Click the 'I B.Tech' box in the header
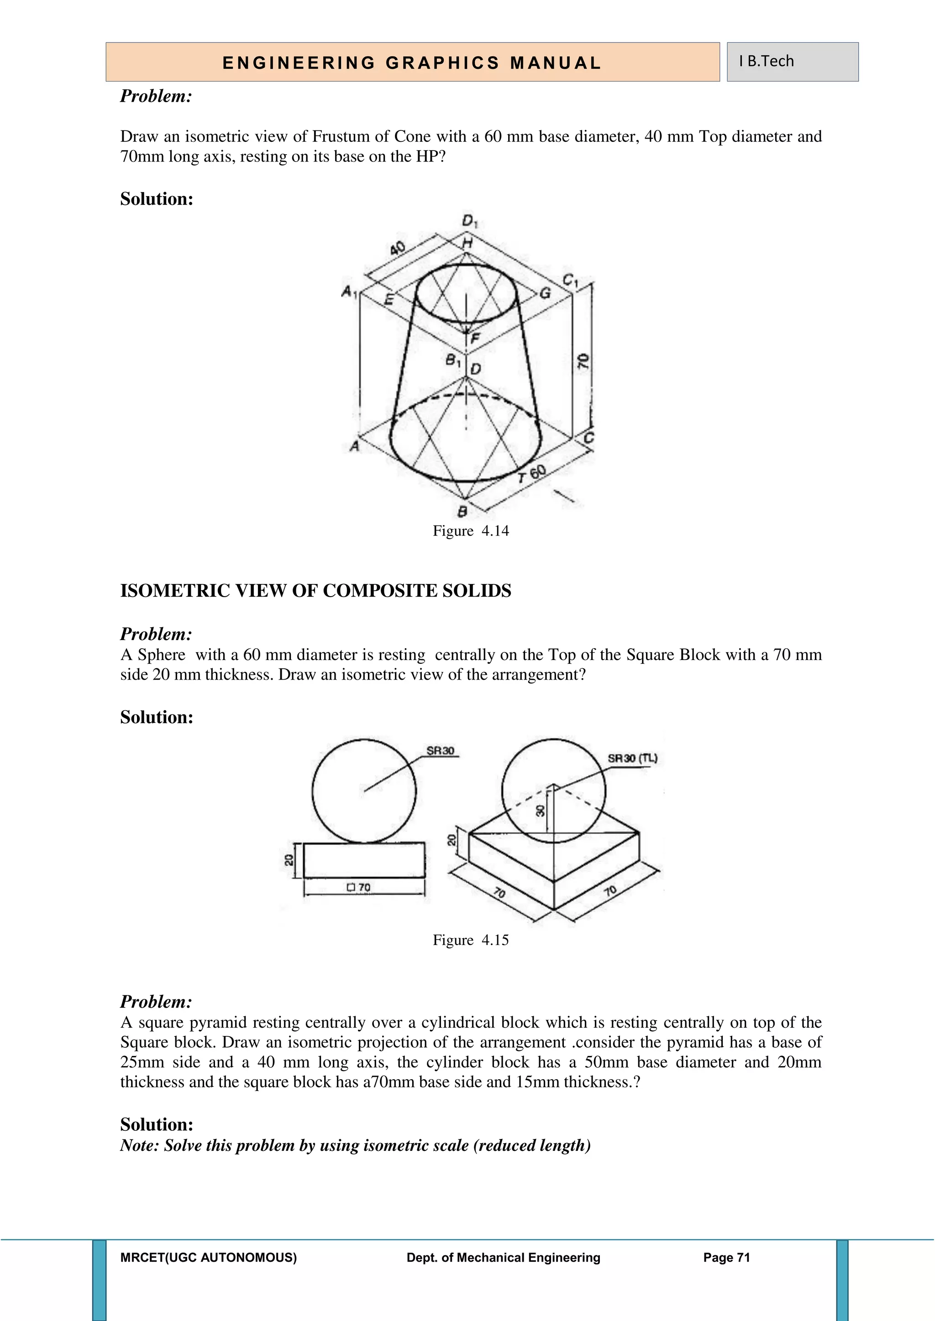[792, 62]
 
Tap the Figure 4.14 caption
[470, 530]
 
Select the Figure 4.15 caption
[470, 940]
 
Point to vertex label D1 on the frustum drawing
[469, 221]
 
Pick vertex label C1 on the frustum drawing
[571, 280]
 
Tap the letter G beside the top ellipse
[545, 293]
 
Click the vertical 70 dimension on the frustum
[583, 361]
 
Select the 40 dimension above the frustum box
[397, 249]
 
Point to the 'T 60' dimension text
[531, 475]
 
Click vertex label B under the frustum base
[462, 511]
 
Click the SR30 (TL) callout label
[632, 758]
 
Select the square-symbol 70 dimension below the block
[359, 887]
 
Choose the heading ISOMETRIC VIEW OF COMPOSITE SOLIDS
[315, 591]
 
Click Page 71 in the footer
[726, 1258]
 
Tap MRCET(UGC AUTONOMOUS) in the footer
[209, 1258]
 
